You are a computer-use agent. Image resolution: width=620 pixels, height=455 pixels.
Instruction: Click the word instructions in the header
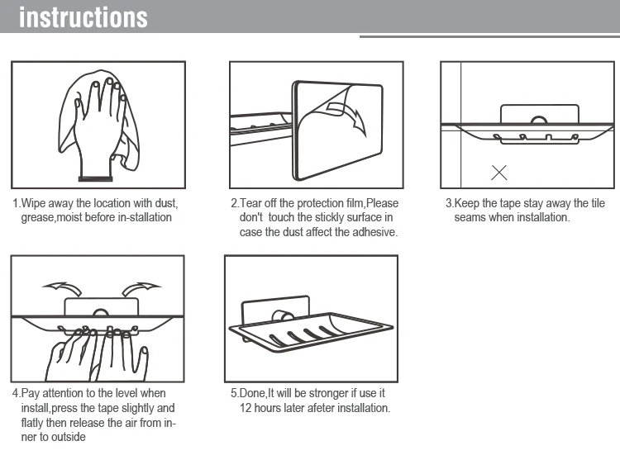pos(83,18)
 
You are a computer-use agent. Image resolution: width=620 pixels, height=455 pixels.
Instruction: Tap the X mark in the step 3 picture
pos(499,173)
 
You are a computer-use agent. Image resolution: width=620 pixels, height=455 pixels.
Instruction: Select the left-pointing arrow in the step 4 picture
pos(63,289)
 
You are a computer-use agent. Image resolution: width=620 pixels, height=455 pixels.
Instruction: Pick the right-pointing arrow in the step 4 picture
pos(141,289)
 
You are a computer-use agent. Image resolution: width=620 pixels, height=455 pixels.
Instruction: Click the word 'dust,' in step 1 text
pos(166,203)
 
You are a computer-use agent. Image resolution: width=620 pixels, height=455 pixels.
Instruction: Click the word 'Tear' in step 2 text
pos(250,203)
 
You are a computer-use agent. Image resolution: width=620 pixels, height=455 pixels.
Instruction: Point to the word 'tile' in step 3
pos(598,203)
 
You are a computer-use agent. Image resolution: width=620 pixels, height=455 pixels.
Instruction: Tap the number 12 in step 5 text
pos(246,408)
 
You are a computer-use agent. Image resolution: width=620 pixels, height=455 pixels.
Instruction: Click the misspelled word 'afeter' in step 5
pos(322,408)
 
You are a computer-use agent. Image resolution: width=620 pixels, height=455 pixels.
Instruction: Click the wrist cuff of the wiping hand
pos(95,178)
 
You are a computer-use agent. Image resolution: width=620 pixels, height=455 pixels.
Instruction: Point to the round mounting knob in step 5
pos(283,317)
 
